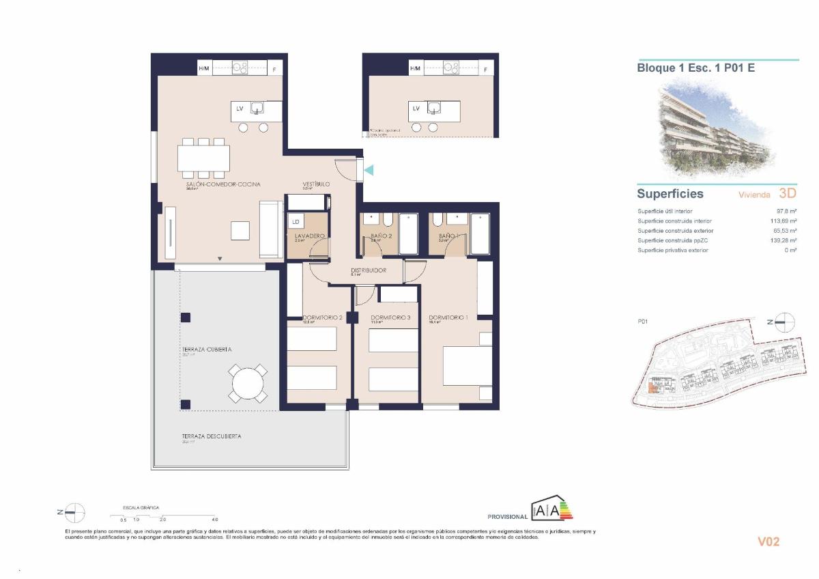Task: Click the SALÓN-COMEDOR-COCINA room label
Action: pos(222,184)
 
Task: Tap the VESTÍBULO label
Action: pos(317,184)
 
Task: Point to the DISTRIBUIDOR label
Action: pos(369,270)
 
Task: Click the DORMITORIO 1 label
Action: pos(448,318)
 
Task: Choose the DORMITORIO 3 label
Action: pos(390,318)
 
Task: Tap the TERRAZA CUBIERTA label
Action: pos(206,350)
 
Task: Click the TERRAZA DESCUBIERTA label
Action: pos(211,436)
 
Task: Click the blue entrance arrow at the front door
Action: pos(369,169)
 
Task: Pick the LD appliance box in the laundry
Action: pos(296,222)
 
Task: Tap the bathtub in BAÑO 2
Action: pos(408,234)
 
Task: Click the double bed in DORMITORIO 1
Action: pos(468,366)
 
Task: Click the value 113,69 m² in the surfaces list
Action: pos(784,221)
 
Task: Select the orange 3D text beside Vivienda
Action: pos(787,194)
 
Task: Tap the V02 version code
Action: pos(768,542)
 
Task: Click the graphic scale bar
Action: pos(164,516)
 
